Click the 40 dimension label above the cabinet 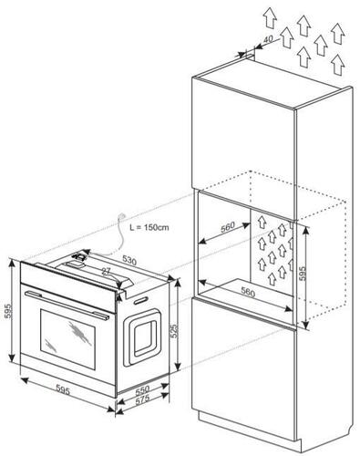click(x=267, y=39)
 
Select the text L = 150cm click(x=149, y=227)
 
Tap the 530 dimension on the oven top click(x=129, y=260)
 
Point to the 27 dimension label click(x=106, y=272)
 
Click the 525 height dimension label click(x=174, y=330)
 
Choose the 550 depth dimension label click(x=142, y=389)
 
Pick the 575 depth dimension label click(x=142, y=399)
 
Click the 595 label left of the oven click(x=9, y=310)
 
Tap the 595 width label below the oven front click(x=63, y=389)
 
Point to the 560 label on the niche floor click(x=248, y=292)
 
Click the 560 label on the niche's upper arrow click(x=228, y=227)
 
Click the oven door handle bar click(x=67, y=305)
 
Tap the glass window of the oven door click(x=67, y=340)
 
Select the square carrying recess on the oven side click(x=141, y=337)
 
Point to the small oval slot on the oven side click(x=141, y=300)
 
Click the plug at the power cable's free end click(x=123, y=215)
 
